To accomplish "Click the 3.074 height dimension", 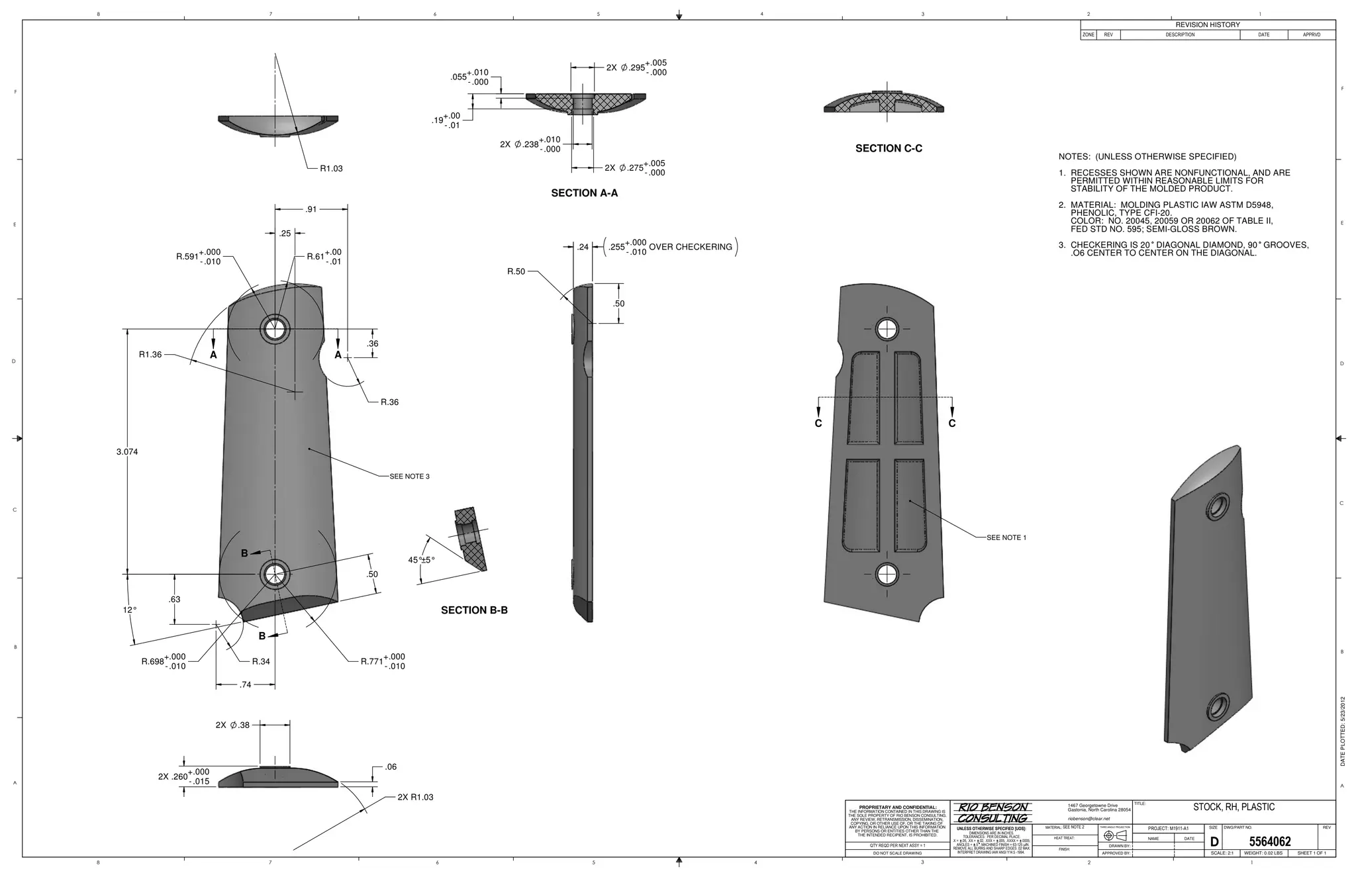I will point(127,452).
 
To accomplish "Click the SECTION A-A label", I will point(584,193).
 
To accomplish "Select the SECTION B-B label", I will point(474,610).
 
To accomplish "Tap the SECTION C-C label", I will point(889,148).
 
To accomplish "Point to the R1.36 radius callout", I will point(150,355).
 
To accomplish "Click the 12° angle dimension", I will point(130,610).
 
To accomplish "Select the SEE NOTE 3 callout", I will point(409,477).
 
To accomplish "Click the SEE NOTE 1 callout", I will point(1006,537).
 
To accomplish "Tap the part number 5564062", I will point(1269,842).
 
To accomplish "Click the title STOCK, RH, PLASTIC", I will point(1234,807).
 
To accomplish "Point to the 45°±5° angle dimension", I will point(422,560).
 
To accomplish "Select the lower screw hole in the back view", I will point(887,575).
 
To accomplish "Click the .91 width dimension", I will point(311,210).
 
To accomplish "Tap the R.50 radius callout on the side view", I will point(516,271).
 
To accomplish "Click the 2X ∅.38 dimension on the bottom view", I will point(232,725).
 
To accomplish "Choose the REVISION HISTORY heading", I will point(1207,24).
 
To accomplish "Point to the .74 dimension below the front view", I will point(245,685).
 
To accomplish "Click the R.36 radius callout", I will point(389,402).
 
